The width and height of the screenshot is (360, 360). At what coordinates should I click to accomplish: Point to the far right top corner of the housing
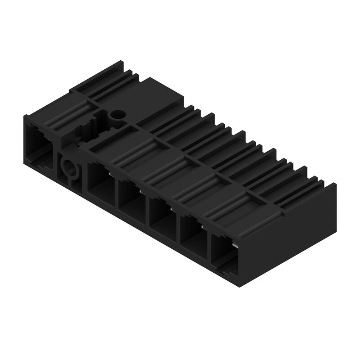(x=336, y=184)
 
